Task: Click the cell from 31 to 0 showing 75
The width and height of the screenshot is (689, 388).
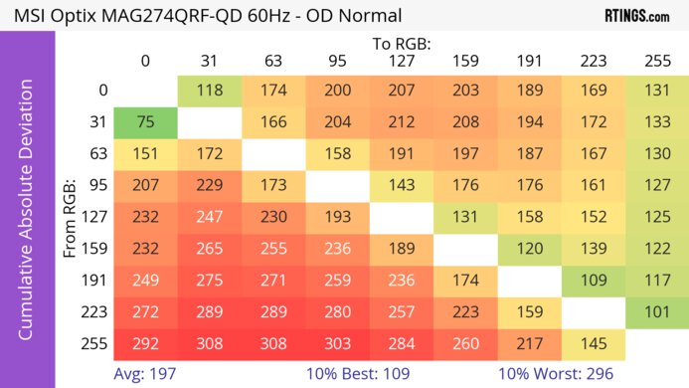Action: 145,122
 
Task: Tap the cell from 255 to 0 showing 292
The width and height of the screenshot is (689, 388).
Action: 145,344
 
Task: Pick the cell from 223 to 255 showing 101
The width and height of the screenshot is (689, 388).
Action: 657,312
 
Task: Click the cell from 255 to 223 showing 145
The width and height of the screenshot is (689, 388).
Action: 594,344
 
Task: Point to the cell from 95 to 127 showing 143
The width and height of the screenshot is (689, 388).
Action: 402,185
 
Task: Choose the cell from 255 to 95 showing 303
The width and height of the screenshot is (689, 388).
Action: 338,344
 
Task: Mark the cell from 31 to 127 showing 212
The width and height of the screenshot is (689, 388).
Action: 402,122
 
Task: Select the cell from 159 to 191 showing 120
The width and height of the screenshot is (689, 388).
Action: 529,249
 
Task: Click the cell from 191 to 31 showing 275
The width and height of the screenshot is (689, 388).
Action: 210,281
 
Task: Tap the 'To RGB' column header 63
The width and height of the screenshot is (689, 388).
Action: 273,61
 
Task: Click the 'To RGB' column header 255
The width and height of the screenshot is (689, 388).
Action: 657,61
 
